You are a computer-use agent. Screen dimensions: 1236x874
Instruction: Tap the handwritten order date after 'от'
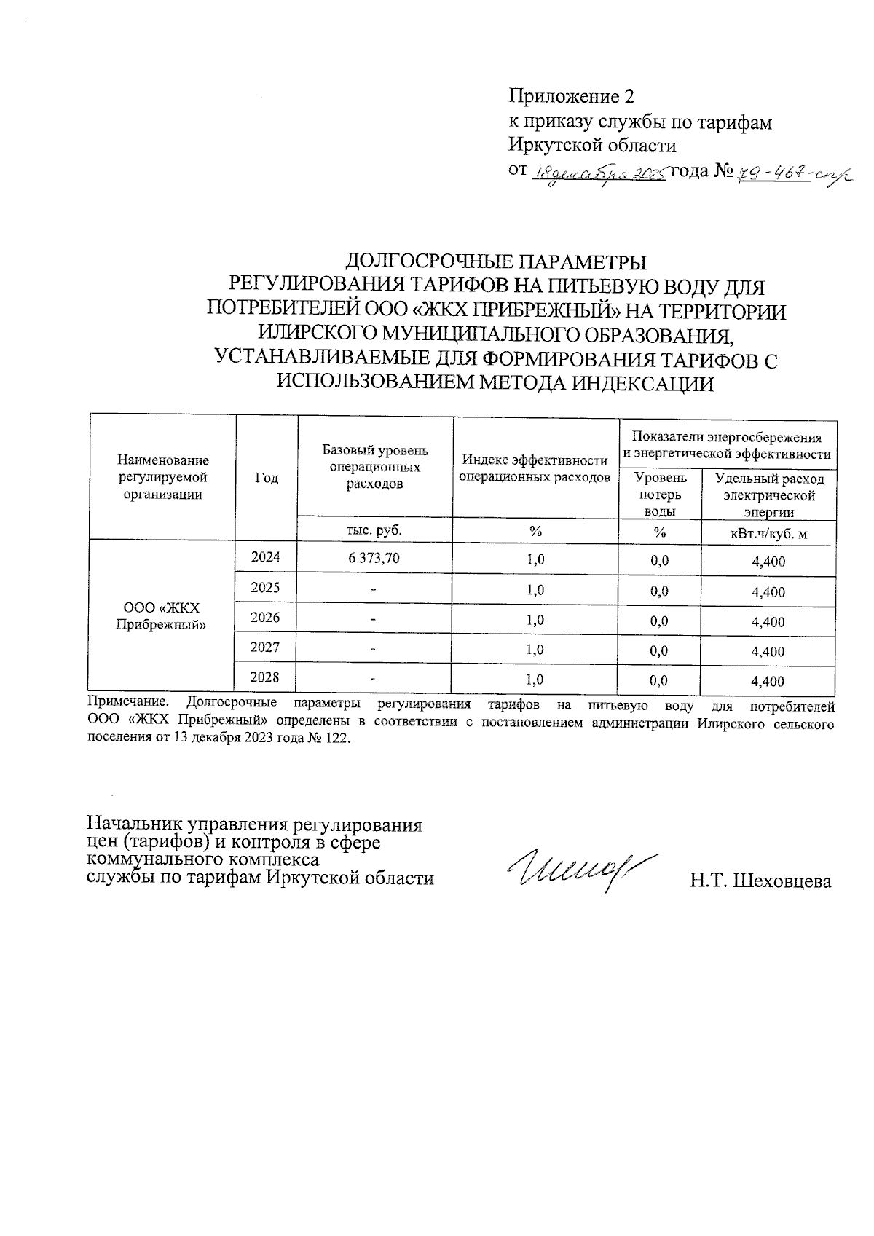tap(600, 173)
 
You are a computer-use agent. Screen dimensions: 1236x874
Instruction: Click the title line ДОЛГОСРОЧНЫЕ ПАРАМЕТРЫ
tap(495, 261)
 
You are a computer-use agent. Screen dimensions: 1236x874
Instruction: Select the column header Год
tap(267, 478)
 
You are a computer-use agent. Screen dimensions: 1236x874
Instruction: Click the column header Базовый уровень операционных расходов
tap(375, 467)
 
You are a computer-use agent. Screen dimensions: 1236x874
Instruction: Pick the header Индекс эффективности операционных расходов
tap(535, 468)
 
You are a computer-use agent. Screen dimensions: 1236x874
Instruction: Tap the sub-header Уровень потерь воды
tap(660, 494)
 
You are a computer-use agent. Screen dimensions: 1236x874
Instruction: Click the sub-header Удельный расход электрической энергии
tap(768, 494)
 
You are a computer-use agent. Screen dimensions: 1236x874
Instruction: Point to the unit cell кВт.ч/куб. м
tap(768, 534)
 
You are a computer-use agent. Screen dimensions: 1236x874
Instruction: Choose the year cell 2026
tap(266, 618)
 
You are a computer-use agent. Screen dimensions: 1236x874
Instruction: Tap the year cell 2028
tap(266, 677)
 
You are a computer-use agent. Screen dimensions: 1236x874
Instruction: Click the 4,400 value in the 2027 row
tap(768, 652)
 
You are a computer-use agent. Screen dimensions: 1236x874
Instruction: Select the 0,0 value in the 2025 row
tap(659, 591)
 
